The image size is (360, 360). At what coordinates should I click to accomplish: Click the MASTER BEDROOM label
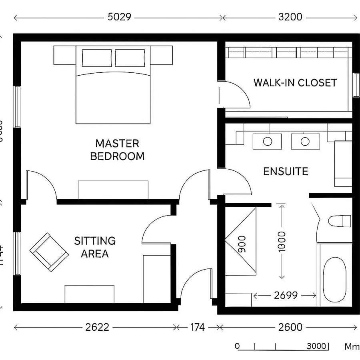[x=117, y=150]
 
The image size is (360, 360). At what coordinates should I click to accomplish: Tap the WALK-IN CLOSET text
[x=295, y=83]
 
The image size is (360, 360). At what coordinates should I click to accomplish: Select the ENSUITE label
[x=286, y=172]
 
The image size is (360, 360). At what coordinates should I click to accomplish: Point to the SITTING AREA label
[x=95, y=247]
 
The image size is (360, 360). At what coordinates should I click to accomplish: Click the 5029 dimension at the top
[x=120, y=17]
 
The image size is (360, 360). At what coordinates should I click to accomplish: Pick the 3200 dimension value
[x=290, y=17]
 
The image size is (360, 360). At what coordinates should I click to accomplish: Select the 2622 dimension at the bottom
[x=97, y=327]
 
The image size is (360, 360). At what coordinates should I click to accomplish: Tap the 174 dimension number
[x=197, y=327]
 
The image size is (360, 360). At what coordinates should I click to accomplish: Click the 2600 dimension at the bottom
[x=290, y=327]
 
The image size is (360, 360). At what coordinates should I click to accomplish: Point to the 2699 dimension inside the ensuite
[x=286, y=295]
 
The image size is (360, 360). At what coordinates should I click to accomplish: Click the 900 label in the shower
[x=242, y=244]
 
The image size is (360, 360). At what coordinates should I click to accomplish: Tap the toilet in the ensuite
[x=339, y=221]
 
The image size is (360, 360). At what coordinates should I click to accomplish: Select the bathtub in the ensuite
[x=334, y=279]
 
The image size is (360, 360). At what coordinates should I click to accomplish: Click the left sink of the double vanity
[x=267, y=141]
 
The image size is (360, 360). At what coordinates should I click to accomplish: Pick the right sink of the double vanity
[x=305, y=141]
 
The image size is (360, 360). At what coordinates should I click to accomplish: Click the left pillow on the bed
[x=97, y=58]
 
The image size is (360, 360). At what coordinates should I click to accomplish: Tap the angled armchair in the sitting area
[x=49, y=252]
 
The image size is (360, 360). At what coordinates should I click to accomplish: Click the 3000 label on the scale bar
[x=316, y=346]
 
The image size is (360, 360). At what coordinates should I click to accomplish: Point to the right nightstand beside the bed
[x=162, y=55]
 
